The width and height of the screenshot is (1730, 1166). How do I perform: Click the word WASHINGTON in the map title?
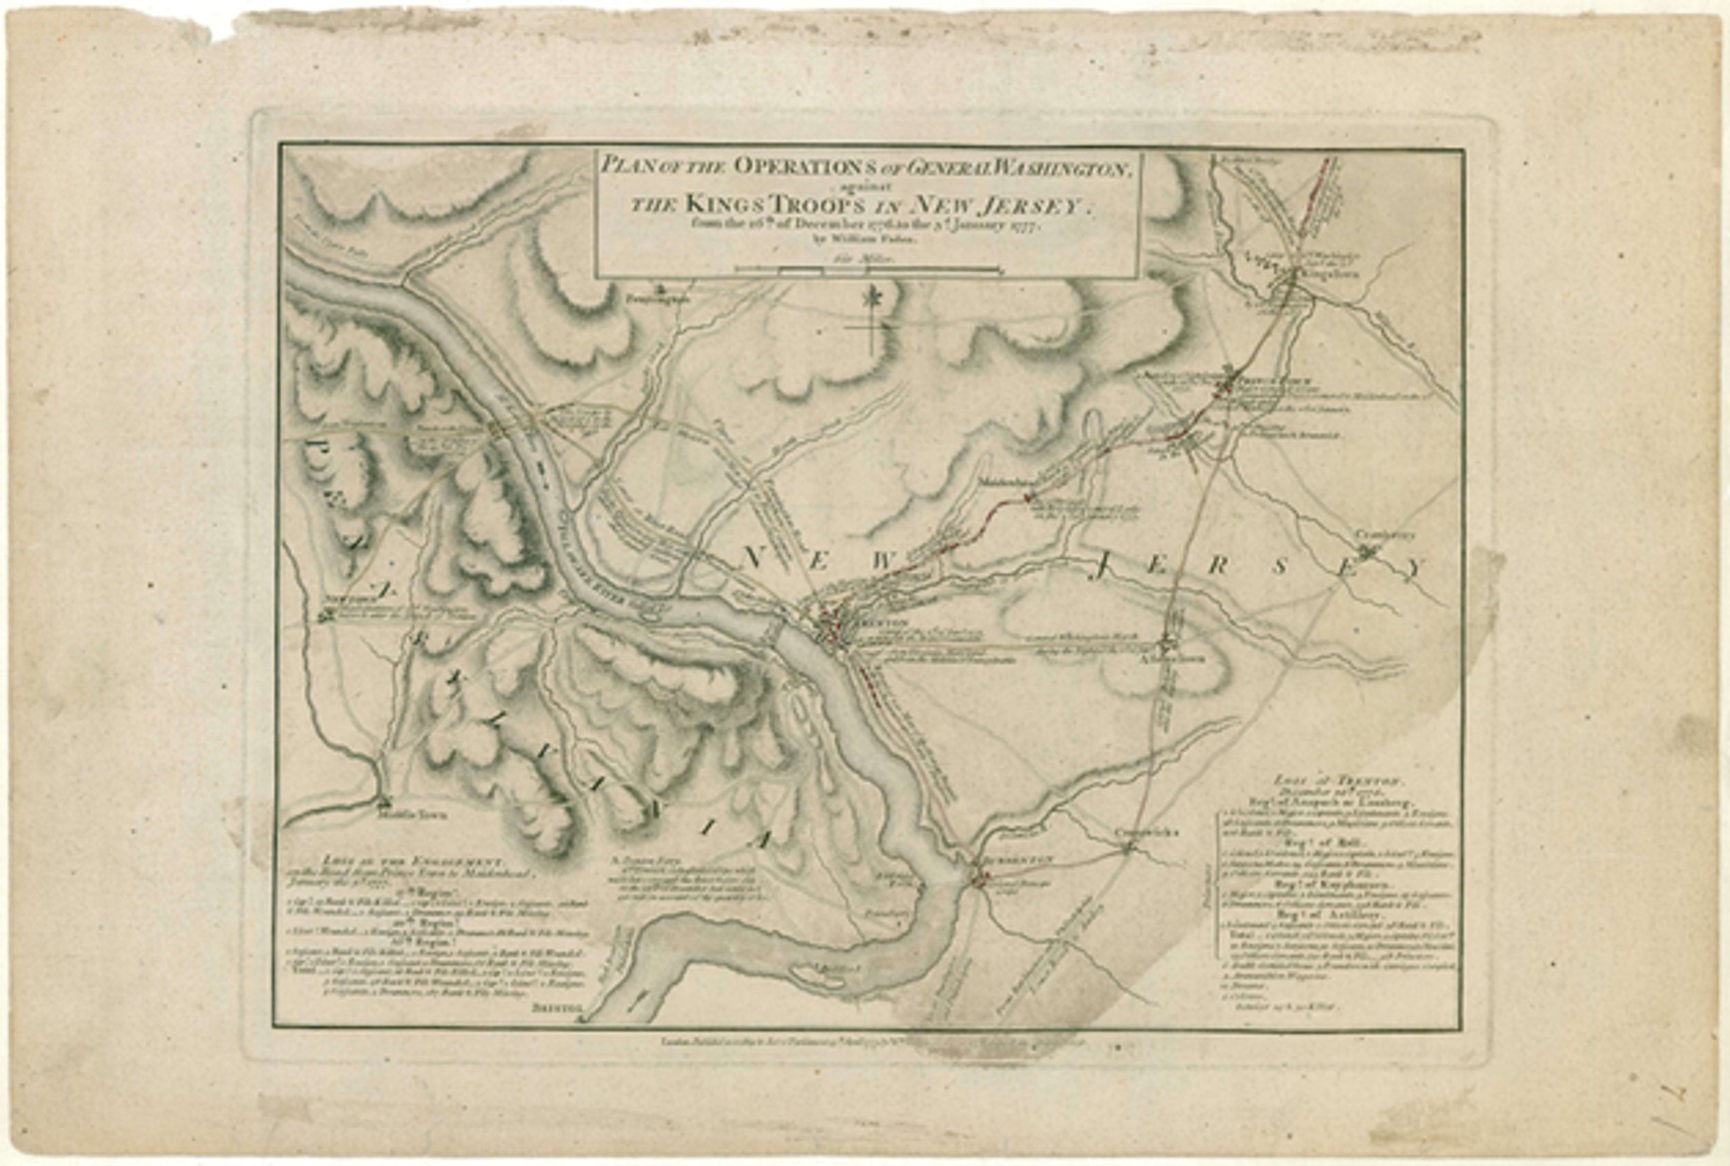point(1038,168)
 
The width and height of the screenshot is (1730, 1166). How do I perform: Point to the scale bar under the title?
point(865,270)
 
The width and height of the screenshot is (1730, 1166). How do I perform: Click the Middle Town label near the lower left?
point(413,814)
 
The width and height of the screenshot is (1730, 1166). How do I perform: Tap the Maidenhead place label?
point(1009,480)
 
